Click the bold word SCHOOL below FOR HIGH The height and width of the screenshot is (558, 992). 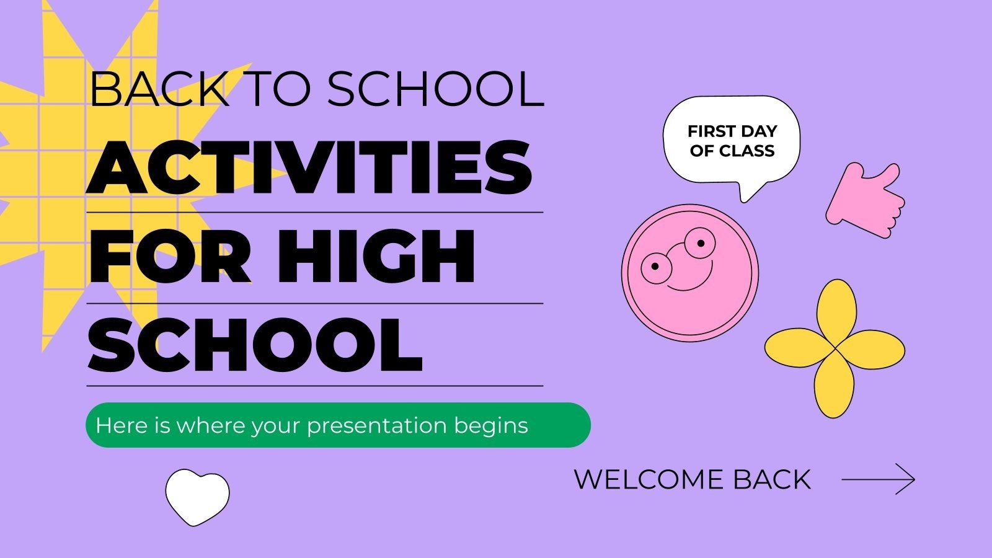(255, 345)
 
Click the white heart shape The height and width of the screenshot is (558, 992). (197, 496)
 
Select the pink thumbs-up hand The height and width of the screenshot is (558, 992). (865, 201)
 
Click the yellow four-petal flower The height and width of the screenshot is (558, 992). (835, 348)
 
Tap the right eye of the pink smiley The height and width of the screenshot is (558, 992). (700, 242)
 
